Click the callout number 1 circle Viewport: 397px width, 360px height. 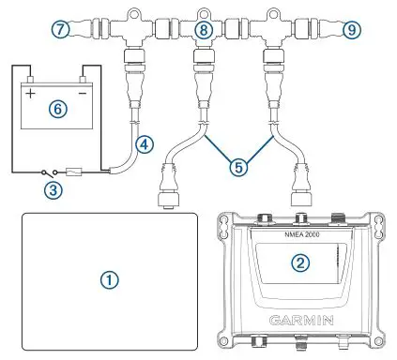[x=110, y=280]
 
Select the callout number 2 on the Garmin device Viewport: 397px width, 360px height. [x=299, y=262]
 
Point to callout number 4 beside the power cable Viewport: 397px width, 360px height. [x=144, y=143]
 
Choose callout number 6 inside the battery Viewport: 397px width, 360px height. [x=57, y=109]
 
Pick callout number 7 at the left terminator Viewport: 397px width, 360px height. [x=61, y=30]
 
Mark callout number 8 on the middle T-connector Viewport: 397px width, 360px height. [x=202, y=31]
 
